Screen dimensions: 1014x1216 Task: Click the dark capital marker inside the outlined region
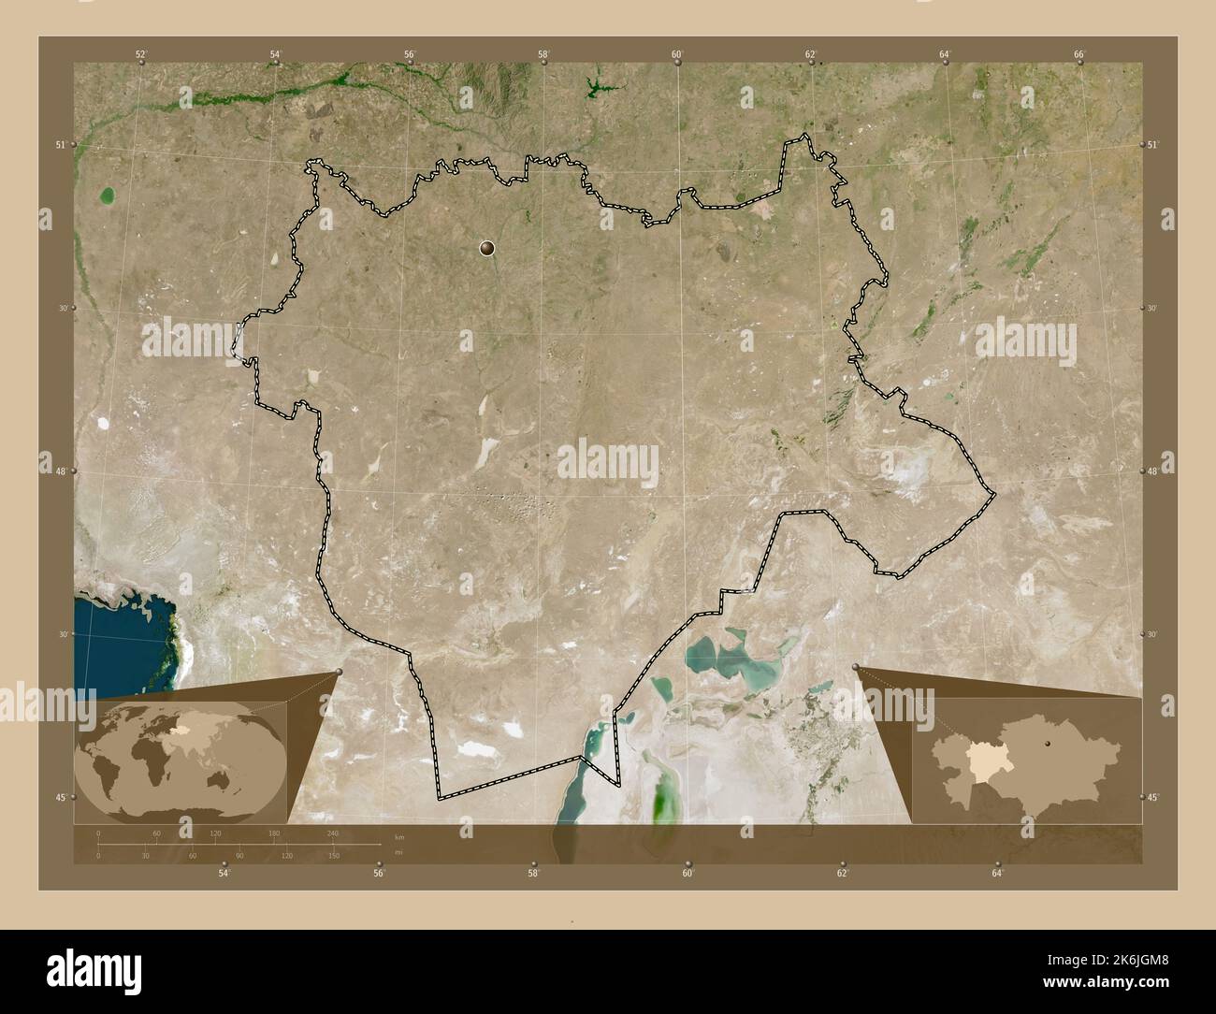coord(486,248)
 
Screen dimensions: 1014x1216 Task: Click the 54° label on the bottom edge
coord(224,873)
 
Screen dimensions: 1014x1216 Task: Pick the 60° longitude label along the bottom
coord(688,873)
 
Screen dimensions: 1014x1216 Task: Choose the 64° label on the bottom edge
coord(997,873)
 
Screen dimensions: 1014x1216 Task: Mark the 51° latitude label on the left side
coord(60,145)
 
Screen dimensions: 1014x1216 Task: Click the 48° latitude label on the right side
coord(1152,471)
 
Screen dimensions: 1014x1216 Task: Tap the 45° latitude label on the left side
coord(60,797)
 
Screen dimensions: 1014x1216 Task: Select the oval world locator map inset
coord(181,756)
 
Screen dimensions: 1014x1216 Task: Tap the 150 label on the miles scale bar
coord(333,855)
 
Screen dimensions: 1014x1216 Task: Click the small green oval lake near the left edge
coord(108,196)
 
